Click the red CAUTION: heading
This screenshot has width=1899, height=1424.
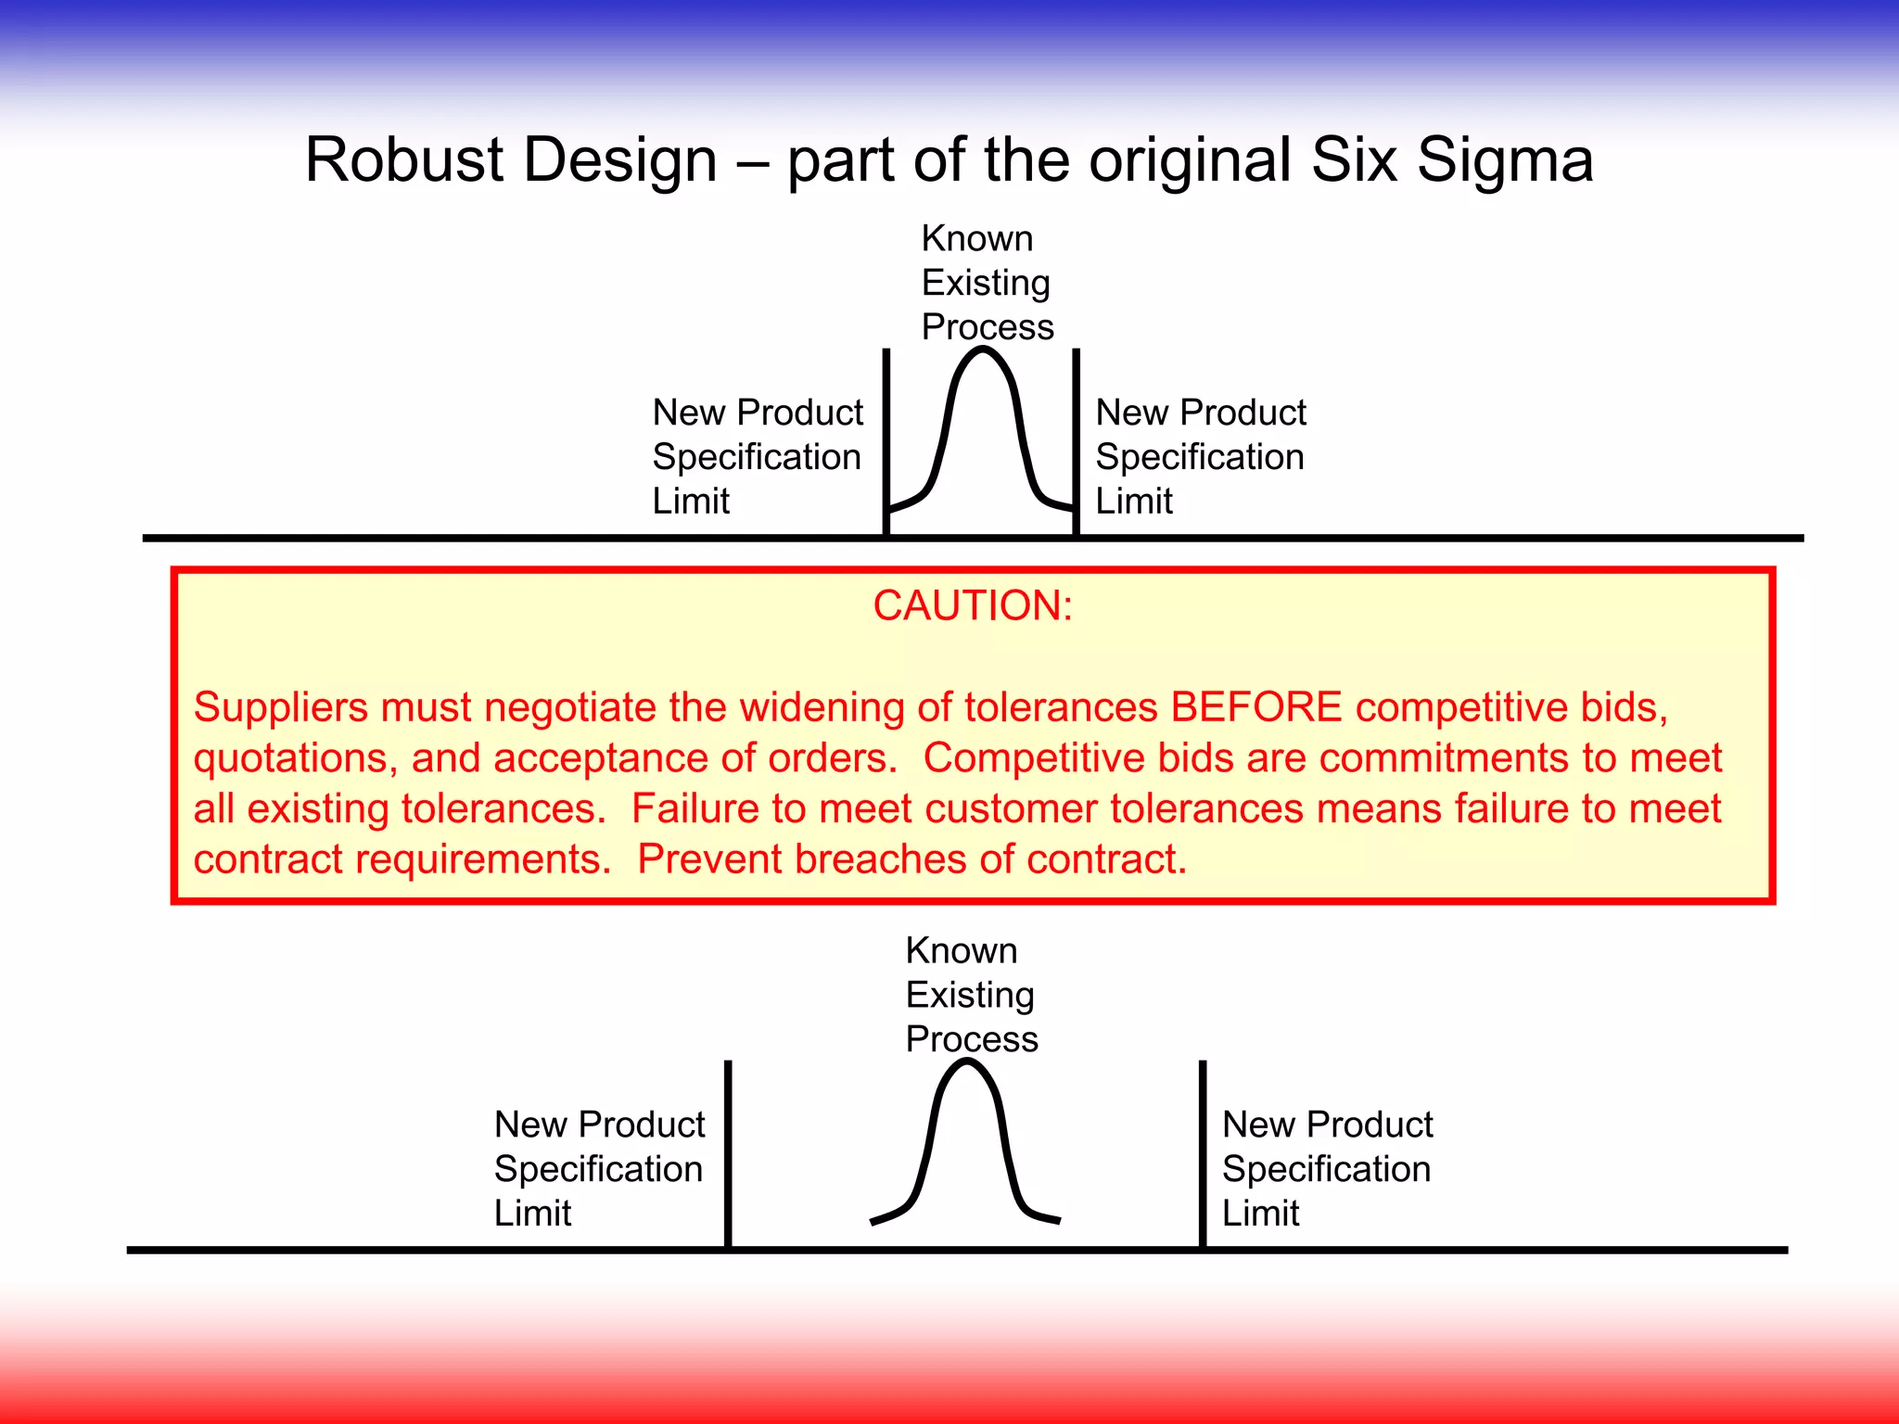[x=973, y=606]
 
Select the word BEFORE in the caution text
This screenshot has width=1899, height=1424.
[x=1255, y=707]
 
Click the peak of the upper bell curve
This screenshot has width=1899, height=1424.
[x=984, y=350]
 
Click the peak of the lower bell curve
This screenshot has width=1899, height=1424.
[x=966, y=1063]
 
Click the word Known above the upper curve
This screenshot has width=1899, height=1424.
[x=976, y=239]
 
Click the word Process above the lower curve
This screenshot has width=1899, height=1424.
[x=971, y=1039]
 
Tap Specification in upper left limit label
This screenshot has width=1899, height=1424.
[x=756, y=457]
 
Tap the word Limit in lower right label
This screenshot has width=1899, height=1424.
[x=1260, y=1214]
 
